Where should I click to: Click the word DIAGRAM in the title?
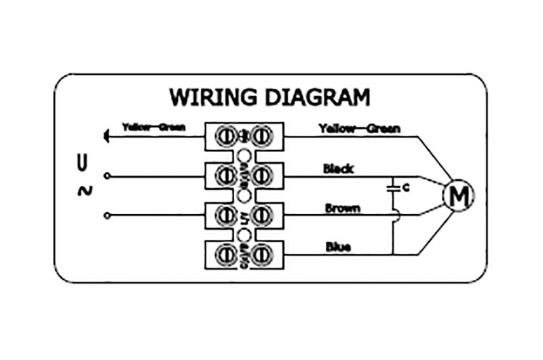tap(316, 96)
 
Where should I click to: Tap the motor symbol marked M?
tap(459, 196)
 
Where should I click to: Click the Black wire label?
tap(338, 168)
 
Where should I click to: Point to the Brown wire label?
tap(342, 208)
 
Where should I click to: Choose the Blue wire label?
tap(338, 247)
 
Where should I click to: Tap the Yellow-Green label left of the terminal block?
tap(153, 127)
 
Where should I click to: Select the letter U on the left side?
tap(83, 162)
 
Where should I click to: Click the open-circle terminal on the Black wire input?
tap(107, 176)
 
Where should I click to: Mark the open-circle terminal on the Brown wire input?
tap(107, 216)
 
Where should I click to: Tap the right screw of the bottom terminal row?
tap(263, 255)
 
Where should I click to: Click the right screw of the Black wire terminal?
tap(263, 176)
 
